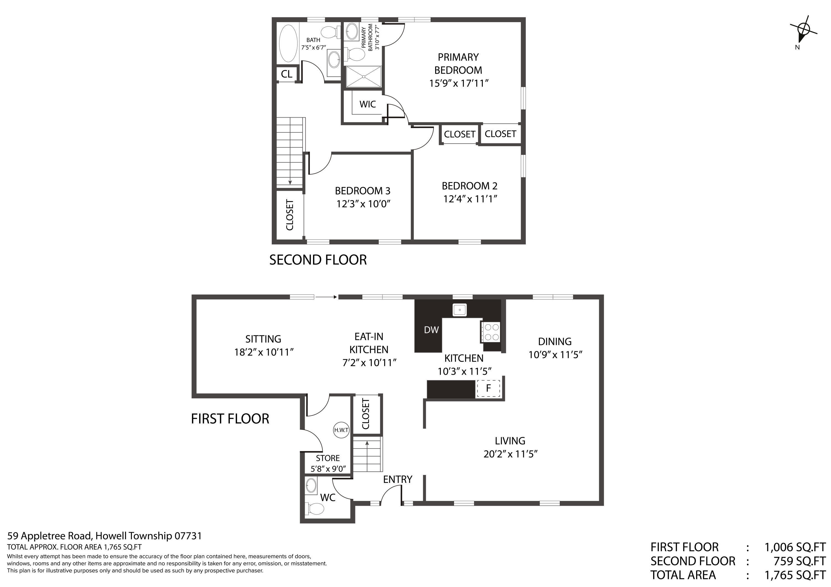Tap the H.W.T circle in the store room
[x=341, y=430]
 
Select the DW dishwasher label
[x=431, y=330]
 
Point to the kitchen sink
[x=459, y=310]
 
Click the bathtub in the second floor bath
[x=288, y=44]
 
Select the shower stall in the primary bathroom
[x=363, y=77]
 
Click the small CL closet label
[x=287, y=74]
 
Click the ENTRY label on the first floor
[x=398, y=480]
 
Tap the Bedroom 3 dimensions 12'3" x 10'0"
[x=363, y=204]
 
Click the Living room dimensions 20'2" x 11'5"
[x=510, y=454]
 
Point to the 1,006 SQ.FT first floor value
[x=795, y=547]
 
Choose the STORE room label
[x=327, y=458]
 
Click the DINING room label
[x=555, y=342]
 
